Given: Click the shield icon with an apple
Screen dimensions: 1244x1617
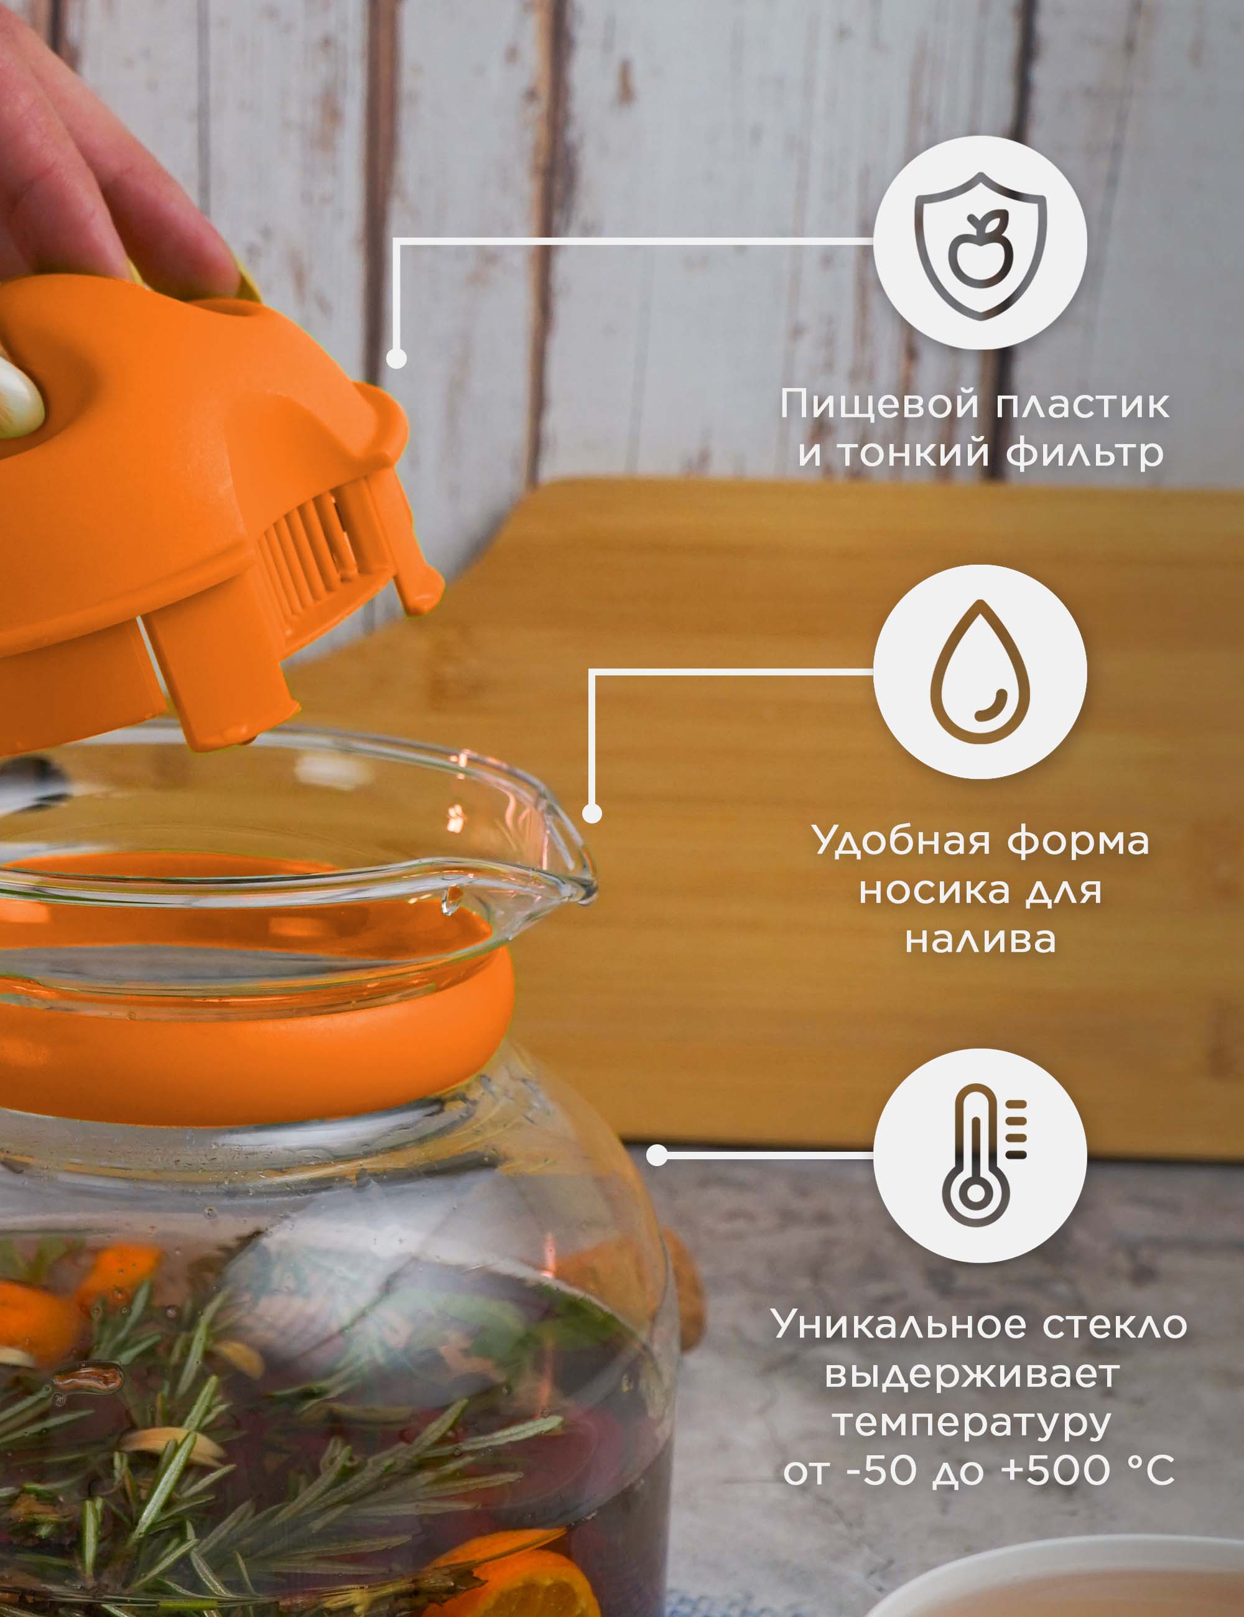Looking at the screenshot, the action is (980, 246).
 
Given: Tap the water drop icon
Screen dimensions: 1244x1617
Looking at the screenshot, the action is (980, 672).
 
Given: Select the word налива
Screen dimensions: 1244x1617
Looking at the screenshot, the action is (980, 939).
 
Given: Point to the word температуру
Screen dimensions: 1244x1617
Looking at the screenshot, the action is (972, 1424).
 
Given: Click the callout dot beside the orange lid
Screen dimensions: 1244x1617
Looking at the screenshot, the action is (397, 358).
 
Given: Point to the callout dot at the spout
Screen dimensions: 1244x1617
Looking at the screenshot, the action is (592, 813).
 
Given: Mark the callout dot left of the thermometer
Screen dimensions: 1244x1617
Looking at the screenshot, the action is (657, 1155).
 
